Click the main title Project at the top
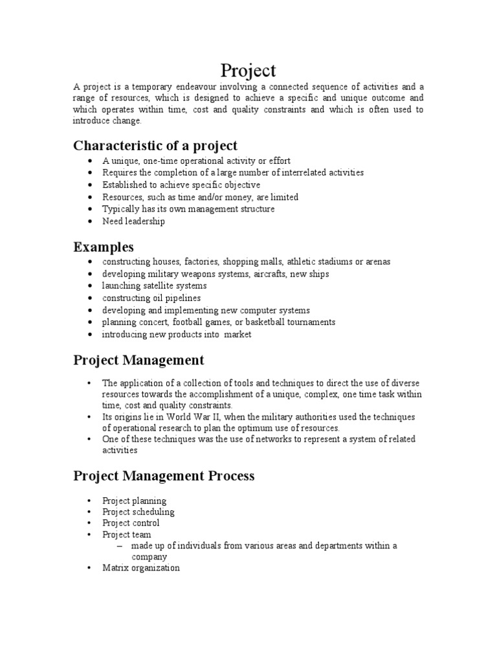pyautogui.click(x=248, y=70)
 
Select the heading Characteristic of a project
pyautogui.click(x=155, y=145)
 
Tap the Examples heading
pyautogui.click(x=104, y=247)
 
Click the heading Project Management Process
pyautogui.click(x=164, y=476)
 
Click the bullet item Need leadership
pyautogui.click(x=133, y=221)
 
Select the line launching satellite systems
pyautogui.click(x=154, y=286)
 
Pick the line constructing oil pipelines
pyautogui.click(x=151, y=298)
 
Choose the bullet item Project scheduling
pyautogui.click(x=138, y=511)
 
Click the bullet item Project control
pyautogui.click(x=131, y=523)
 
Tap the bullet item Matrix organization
pyautogui.click(x=141, y=568)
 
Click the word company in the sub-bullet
pyautogui.click(x=149, y=557)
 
